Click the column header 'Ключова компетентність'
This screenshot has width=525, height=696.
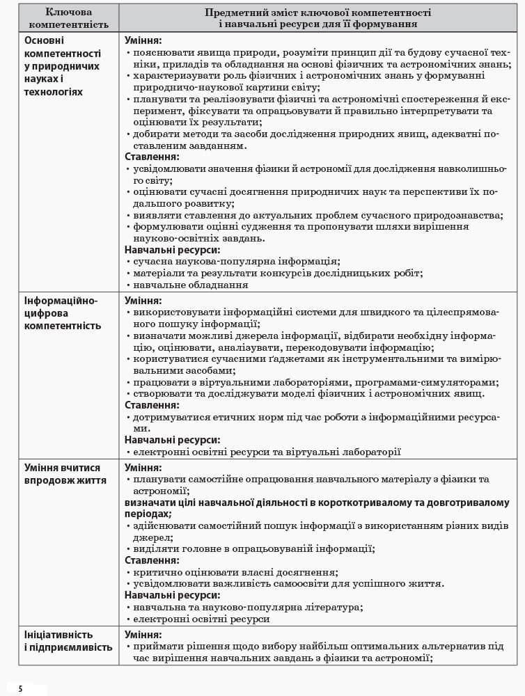tap(68, 18)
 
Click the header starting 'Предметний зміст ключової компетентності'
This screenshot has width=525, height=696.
tap(318, 18)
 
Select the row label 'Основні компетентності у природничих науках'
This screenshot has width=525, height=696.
tap(63, 66)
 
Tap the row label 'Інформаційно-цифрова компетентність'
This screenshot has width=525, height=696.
tap(63, 313)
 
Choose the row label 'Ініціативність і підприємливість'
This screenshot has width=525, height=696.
tap(68, 641)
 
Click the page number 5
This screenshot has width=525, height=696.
tap(21, 688)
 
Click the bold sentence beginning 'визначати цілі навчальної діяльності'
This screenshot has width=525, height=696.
tap(317, 503)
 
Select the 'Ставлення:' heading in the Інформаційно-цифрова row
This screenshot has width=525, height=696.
tap(152, 405)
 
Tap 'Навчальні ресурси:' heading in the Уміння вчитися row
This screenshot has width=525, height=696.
tap(172, 595)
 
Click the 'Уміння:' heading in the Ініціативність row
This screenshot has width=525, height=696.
tap(143, 635)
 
